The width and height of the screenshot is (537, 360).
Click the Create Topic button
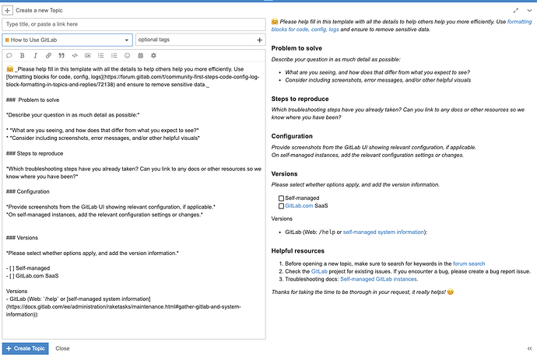pyautogui.click(x=26, y=348)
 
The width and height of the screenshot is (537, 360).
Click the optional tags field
pyautogui.click(x=199, y=40)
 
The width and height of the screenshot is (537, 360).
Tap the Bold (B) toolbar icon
pyautogui.click(x=22, y=56)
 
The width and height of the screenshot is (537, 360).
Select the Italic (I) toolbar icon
pyautogui.click(x=34, y=56)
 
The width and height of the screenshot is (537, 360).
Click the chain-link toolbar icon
pyautogui.click(x=47, y=56)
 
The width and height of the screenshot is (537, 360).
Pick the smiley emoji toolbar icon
pyautogui.click(x=127, y=56)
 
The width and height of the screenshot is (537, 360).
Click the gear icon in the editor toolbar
pyautogui.click(x=153, y=56)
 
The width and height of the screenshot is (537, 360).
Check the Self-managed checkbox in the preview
pyautogui.click(x=281, y=198)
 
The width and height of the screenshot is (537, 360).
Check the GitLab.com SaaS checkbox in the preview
pyautogui.click(x=281, y=206)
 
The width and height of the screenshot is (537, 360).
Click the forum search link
pyautogui.click(x=469, y=263)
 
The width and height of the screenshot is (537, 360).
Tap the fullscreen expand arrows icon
pyautogui.click(x=516, y=10)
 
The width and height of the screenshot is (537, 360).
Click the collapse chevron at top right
pyautogui.click(x=528, y=10)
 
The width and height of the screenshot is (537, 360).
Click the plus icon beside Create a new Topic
pyautogui.click(x=7, y=10)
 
